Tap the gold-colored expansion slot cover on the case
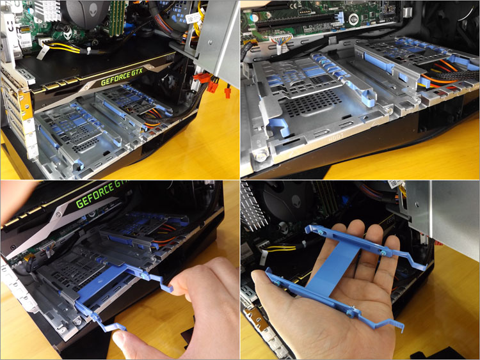(x=26, y=106)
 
